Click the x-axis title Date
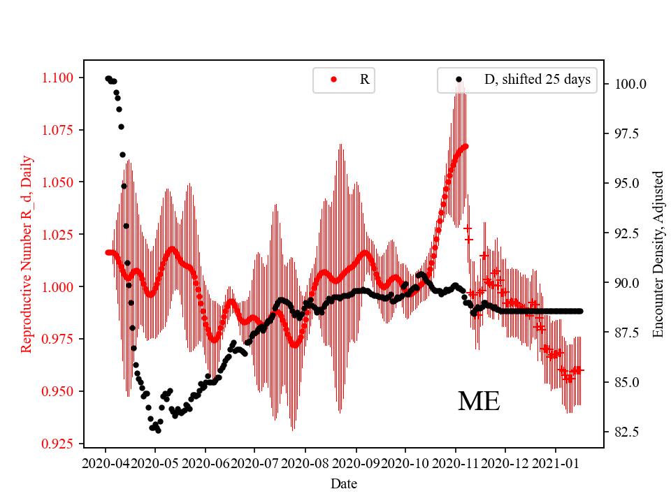click(344, 483)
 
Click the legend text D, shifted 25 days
click(537, 80)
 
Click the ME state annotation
click(479, 401)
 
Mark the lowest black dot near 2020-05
click(159, 430)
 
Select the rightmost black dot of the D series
click(580, 311)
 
